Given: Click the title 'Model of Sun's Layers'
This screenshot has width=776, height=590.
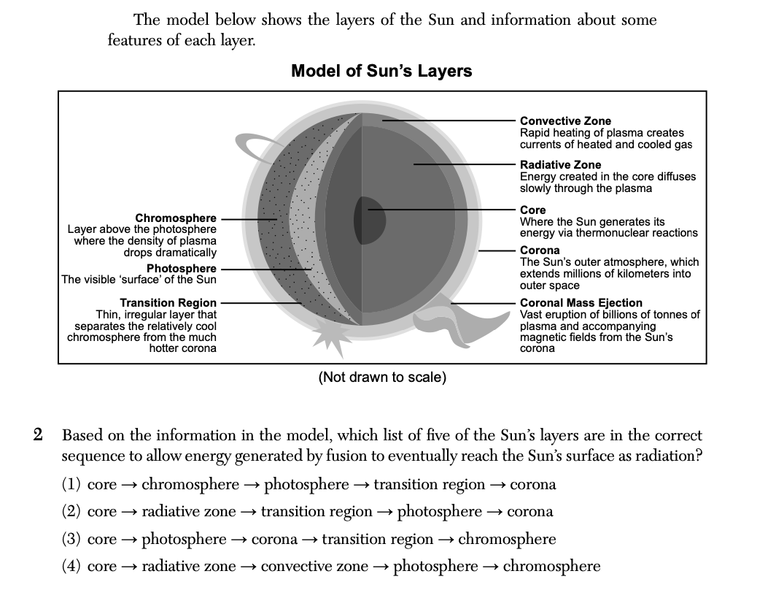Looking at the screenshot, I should [381, 71].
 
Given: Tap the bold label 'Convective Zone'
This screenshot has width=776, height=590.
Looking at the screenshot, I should [565, 121].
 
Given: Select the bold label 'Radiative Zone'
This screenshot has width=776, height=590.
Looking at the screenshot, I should [561, 165].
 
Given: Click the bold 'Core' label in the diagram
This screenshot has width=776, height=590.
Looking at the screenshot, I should [532, 210].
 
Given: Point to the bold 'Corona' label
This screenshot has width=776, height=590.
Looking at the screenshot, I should [540, 250].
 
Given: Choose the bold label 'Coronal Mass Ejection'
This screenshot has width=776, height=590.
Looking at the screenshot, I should [581, 303].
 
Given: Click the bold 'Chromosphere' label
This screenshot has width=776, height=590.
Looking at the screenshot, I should [176, 218].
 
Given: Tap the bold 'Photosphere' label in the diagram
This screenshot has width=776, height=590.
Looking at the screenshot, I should [182, 269].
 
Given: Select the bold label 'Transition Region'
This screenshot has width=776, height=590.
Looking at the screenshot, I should [168, 303].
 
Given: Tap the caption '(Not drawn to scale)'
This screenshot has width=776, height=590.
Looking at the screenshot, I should [382, 378].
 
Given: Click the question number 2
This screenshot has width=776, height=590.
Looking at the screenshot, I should [39, 435].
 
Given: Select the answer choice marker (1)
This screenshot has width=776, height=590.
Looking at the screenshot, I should [71, 485].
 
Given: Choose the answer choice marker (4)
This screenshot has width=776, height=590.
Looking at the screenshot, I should [71, 567].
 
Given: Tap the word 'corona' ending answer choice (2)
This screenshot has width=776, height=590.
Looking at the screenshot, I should [529, 512].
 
